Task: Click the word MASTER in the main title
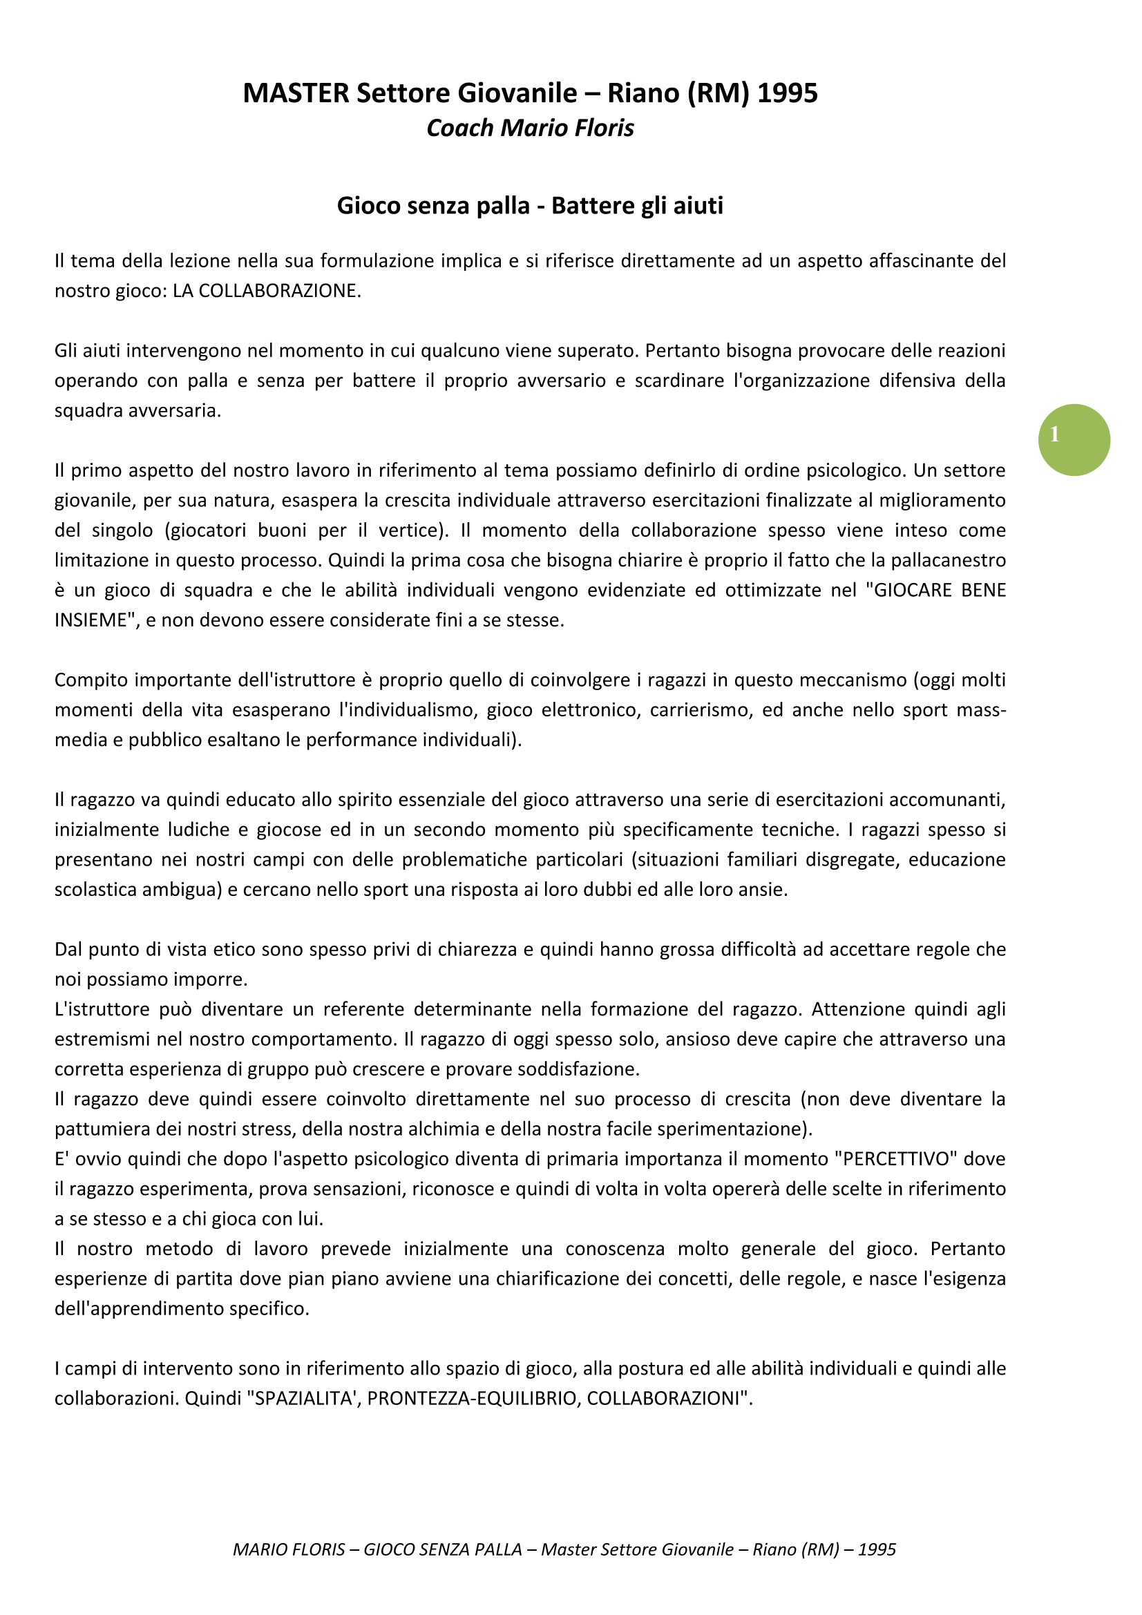(296, 93)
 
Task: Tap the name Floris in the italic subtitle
(605, 128)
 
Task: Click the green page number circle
(1074, 439)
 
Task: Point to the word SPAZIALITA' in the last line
(303, 1397)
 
